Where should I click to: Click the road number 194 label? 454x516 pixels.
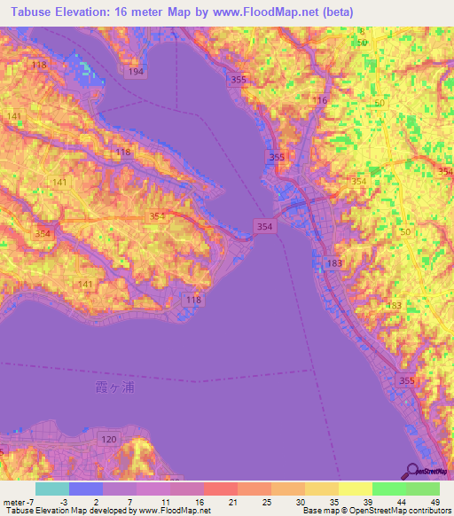coord(135,70)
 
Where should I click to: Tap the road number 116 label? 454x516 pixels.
coord(320,100)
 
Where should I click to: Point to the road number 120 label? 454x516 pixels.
coord(108,439)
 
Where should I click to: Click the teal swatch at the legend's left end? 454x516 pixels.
coord(51,489)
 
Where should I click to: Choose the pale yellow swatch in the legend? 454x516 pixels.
coord(355,489)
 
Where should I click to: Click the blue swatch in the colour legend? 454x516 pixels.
coord(86,489)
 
